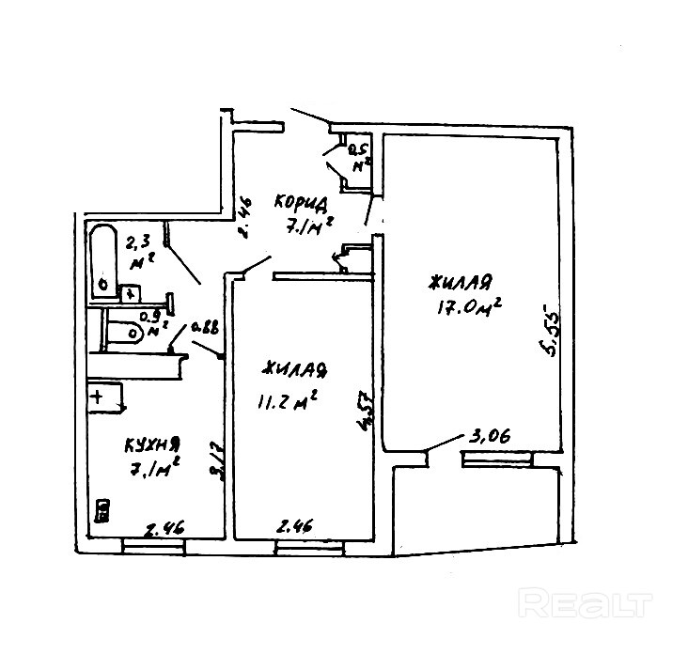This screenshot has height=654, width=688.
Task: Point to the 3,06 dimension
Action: point(489,438)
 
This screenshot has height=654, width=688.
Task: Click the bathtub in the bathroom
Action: point(102,259)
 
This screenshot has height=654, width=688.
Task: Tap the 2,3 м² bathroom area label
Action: point(141,252)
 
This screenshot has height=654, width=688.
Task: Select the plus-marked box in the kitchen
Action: point(103,396)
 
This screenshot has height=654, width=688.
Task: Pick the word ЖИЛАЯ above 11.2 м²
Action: point(296,369)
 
